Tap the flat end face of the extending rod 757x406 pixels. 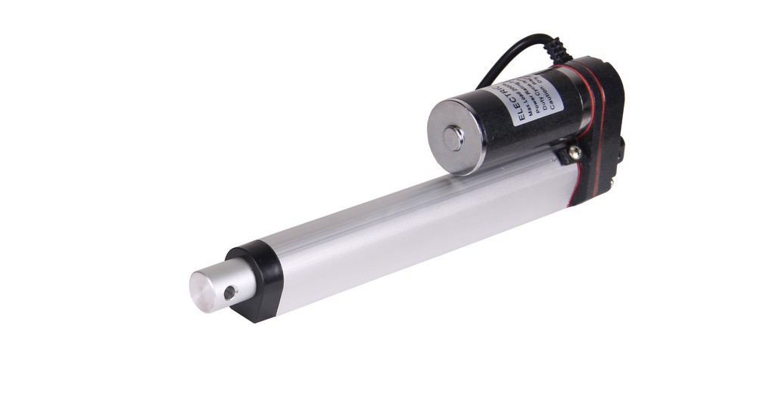(204, 288)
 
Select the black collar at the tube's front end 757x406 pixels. (257, 280)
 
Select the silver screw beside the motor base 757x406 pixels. (575, 152)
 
